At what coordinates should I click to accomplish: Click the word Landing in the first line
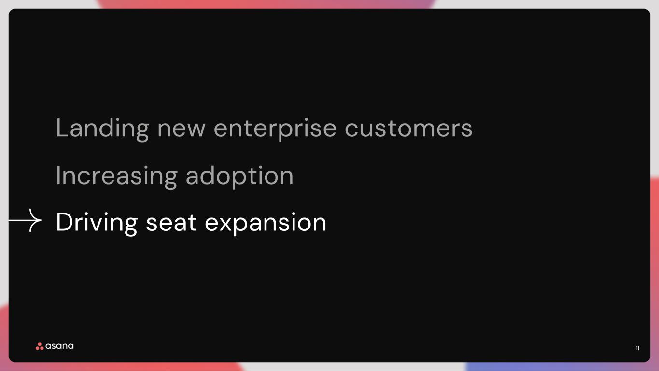(x=103, y=128)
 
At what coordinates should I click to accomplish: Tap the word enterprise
(x=275, y=129)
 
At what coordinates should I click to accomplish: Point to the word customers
(x=408, y=128)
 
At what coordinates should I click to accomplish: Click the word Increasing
(x=117, y=176)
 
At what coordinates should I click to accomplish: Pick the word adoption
(x=239, y=176)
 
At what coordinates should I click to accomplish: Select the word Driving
(x=97, y=223)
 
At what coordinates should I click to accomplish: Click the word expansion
(x=266, y=224)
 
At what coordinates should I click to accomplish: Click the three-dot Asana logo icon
(x=40, y=346)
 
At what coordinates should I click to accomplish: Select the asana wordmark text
(x=59, y=346)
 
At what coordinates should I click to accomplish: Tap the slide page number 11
(x=637, y=348)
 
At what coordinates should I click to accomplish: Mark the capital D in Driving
(x=64, y=222)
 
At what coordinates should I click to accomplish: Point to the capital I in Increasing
(x=57, y=175)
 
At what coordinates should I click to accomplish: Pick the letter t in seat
(x=193, y=222)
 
